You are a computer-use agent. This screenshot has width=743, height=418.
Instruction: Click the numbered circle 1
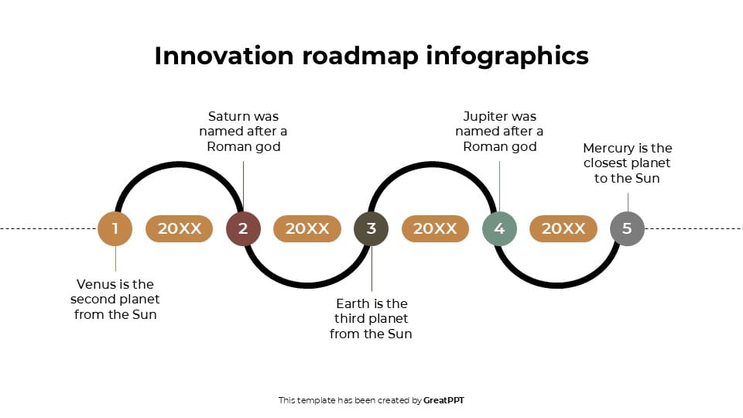coord(115,228)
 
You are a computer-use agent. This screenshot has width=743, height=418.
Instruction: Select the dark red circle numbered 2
coord(243,228)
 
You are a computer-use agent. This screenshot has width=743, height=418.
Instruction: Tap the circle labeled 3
coord(371,228)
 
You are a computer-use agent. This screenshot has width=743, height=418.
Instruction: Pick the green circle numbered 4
coord(499,228)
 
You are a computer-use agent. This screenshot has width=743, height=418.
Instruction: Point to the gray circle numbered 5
coord(627,228)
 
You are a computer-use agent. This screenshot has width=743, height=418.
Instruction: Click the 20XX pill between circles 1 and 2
coord(180,228)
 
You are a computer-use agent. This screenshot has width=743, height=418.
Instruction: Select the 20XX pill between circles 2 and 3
coord(307,228)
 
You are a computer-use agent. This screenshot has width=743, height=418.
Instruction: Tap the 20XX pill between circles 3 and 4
coord(435,228)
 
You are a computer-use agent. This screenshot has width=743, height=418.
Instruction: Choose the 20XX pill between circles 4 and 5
coord(563,228)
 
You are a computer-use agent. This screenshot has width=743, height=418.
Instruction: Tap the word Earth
coord(353,303)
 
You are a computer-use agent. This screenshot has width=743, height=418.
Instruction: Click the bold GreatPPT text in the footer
coord(443,400)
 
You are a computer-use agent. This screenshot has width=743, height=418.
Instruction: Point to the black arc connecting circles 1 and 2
coord(180,164)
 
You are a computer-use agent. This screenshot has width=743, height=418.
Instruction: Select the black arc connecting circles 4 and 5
coord(563,286)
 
